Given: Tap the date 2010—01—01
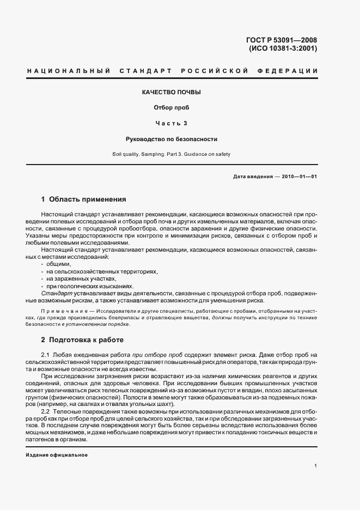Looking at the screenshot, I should [297, 177].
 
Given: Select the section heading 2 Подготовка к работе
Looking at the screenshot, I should [82, 340].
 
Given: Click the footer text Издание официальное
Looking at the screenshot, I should [56, 455].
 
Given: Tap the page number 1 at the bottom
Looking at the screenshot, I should [315, 466].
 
